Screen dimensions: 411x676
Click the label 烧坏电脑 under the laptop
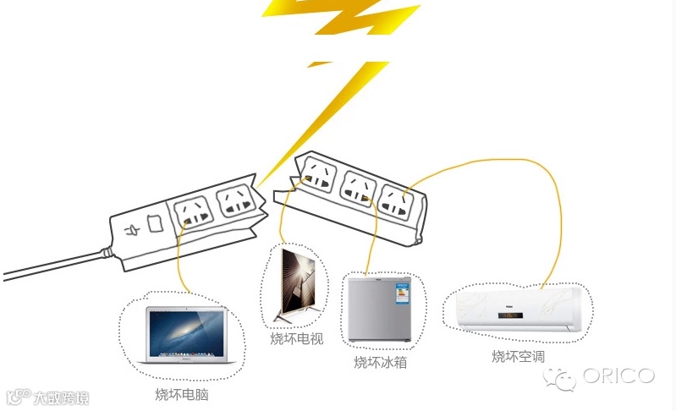(x=181, y=395)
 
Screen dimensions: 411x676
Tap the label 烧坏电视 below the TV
(x=296, y=339)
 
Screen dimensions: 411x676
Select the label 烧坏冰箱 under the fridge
(x=380, y=363)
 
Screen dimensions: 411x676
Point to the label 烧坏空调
(x=519, y=356)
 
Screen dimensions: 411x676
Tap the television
(x=297, y=283)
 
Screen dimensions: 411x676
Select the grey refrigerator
(x=380, y=309)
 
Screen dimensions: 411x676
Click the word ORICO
(x=618, y=375)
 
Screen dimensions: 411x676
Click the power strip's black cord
(x=51, y=266)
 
